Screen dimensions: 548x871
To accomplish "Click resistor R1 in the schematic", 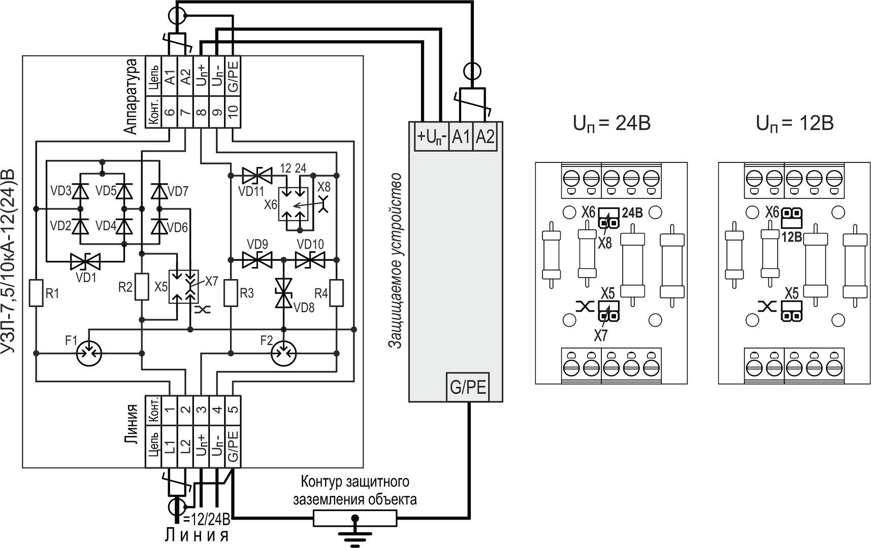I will point(36,292).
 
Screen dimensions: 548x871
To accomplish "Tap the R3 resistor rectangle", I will point(231,293).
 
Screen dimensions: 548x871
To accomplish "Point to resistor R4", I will point(336,293).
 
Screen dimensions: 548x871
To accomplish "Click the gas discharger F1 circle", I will point(89,352).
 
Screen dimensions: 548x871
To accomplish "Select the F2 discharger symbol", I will point(284,352).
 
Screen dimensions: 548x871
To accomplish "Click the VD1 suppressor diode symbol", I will point(85,262).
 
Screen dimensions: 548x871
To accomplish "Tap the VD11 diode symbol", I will point(257,176).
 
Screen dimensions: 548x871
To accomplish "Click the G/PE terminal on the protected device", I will point(467,387).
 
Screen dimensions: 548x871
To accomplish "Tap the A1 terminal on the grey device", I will point(461,137).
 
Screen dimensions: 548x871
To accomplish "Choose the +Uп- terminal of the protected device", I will point(432,137).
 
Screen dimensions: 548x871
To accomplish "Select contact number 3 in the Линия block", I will point(201,409).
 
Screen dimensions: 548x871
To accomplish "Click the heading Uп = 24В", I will point(611,123).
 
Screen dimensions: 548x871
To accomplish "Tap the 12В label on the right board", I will point(791,236).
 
